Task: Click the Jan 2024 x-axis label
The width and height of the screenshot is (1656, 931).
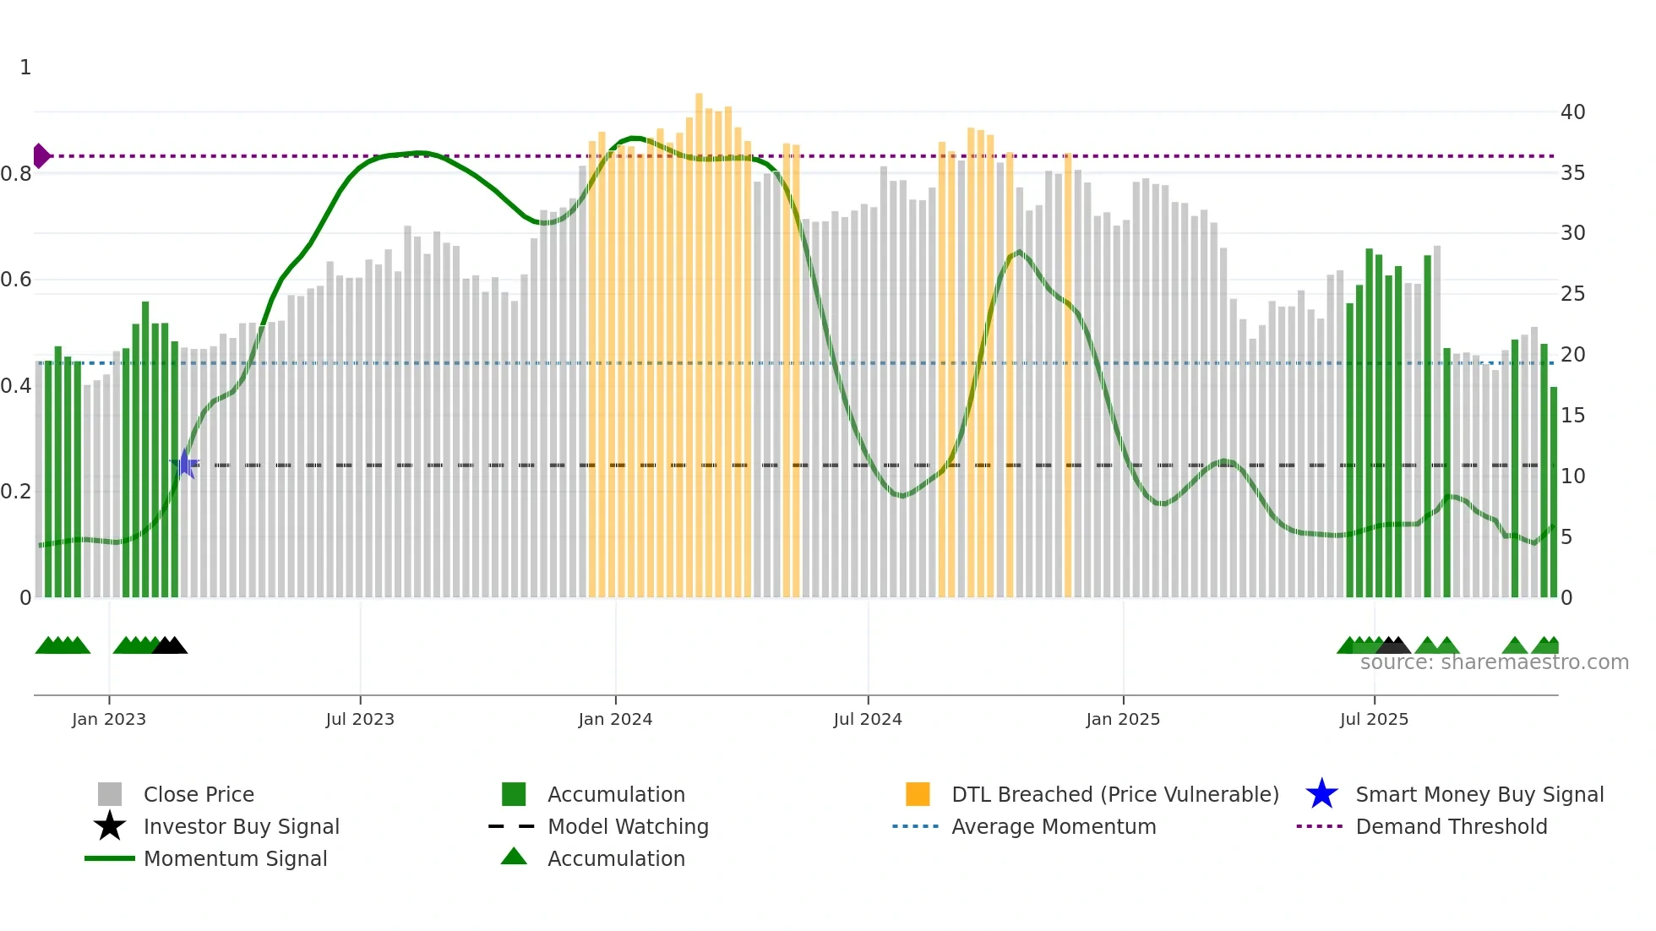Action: click(x=615, y=719)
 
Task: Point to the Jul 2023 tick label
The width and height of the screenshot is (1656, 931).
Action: click(x=360, y=719)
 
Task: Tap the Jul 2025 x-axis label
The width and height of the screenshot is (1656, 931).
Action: click(x=1374, y=719)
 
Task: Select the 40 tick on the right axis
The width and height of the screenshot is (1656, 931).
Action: click(x=1572, y=112)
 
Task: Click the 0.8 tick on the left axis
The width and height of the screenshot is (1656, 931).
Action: click(x=16, y=174)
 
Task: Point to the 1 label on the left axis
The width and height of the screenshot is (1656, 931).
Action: click(x=25, y=68)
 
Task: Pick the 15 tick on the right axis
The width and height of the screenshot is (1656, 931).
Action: click(x=1572, y=416)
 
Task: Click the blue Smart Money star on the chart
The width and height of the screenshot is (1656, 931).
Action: click(x=184, y=464)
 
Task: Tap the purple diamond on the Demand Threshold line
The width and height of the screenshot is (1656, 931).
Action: click(x=41, y=155)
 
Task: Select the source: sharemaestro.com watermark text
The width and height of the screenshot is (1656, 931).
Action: click(x=1494, y=662)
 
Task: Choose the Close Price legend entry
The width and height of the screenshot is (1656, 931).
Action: click(x=199, y=794)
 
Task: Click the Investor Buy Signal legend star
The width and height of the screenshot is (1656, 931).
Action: click(x=110, y=826)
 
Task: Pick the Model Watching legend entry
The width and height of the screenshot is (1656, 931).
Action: click(x=628, y=826)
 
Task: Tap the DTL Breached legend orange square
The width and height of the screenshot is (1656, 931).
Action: click(x=918, y=794)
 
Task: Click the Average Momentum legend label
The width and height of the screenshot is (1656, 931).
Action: click(x=1054, y=826)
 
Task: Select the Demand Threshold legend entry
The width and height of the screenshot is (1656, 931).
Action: click(x=1451, y=826)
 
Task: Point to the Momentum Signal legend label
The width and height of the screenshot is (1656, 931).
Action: click(x=235, y=858)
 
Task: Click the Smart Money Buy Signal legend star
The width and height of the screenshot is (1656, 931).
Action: click(x=1321, y=794)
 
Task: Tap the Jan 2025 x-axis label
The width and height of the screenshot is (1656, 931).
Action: click(x=1123, y=719)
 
